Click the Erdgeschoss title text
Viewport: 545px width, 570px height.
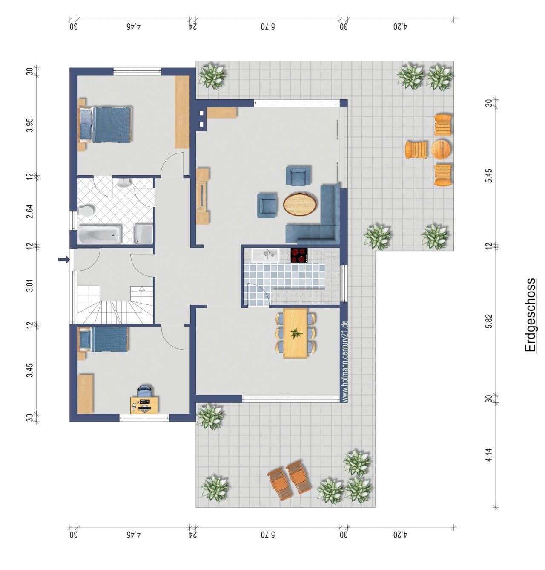point(530,315)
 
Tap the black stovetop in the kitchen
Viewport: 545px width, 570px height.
point(299,255)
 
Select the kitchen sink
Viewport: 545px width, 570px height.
point(266,255)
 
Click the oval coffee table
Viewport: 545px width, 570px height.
point(300,204)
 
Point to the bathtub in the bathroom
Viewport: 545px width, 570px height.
point(100,234)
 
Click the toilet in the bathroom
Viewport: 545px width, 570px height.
point(86,211)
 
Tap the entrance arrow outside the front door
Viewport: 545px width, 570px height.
point(64,260)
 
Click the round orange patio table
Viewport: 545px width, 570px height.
point(441,150)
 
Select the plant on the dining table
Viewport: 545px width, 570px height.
point(296,333)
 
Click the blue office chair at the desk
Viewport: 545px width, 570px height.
point(144,392)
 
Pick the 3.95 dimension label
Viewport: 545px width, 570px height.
point(30,125)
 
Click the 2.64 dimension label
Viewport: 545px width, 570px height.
point(30,211)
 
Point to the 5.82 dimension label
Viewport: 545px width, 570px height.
point(489,321)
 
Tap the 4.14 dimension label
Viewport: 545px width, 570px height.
point(489,455)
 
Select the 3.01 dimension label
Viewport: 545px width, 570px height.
point(30,286)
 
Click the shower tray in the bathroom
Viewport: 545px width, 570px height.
point(143,234)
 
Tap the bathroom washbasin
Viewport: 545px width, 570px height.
point(124,183)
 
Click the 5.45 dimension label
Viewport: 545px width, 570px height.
point(489,176)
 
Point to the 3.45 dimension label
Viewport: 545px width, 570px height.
point(30,370)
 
